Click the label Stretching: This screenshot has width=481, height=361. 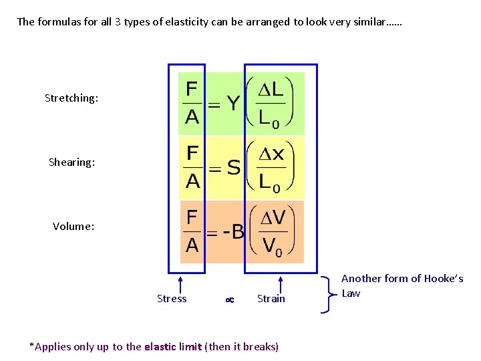pyautogui.click(x=71, y=98)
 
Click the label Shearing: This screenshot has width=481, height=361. pyautogui.click(x=71, y=162)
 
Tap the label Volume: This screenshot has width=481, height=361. pyautogui.click(x=73, y=227)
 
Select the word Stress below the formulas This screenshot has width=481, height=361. pyautogui.click(x=172, y=299)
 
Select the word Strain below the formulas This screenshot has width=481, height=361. pyautogui.click(x=271, y=299)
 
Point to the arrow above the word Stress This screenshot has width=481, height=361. pyautogui.click(x=181, y=283)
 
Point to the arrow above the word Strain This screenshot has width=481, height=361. pyautogui.click(x=281, y=283)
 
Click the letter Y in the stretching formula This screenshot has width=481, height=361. pyautogui.click(x=232, y=104)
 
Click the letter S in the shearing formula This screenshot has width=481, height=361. pyautogui.click(x=233, y=168)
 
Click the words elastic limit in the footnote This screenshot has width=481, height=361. pyautogui.click(x=173, y=346)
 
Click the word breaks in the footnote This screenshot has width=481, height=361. pyautogui.click(x=260, y=346)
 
